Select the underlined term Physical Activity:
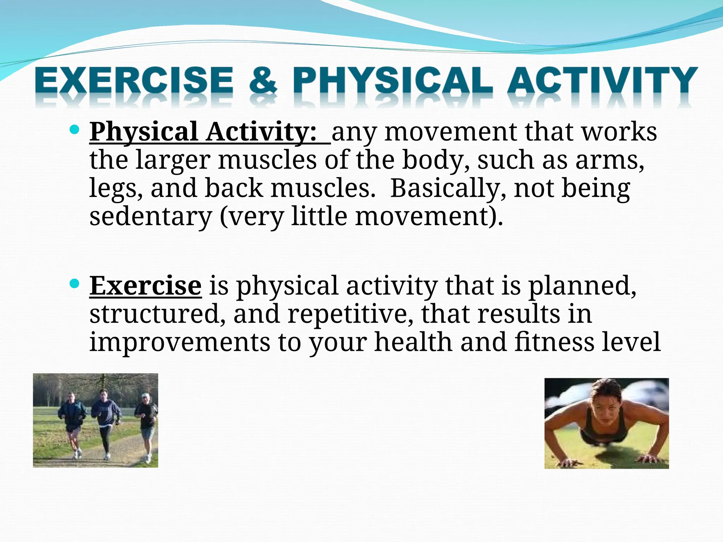(203, 132)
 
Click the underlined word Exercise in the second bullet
(145, 285)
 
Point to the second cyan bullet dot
(74, 284)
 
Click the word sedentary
(150, 216)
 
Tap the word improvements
(179, 342)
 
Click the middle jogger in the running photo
(105, 420)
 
